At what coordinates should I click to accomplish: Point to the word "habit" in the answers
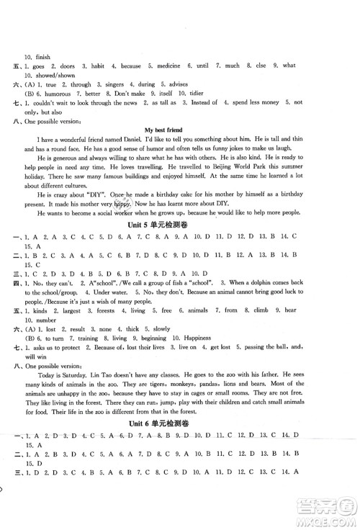94,66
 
